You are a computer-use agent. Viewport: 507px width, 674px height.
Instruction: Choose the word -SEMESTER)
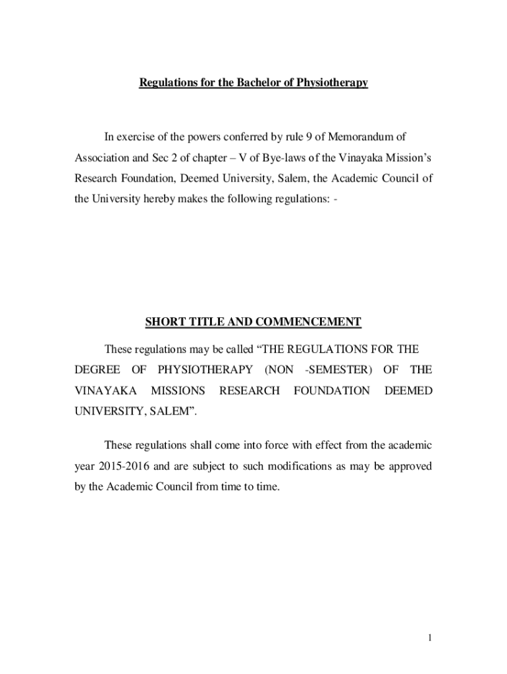pyautogui.click(x=336, y=369)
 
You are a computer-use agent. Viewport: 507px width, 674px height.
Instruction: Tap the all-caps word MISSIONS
pyautogui.click(x=178, y=391)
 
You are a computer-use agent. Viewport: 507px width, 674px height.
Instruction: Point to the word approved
pyautogui.click(x=408, y=467)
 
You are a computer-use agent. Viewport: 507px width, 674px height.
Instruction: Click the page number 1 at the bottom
pyautogui.click(x=429, y=637)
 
